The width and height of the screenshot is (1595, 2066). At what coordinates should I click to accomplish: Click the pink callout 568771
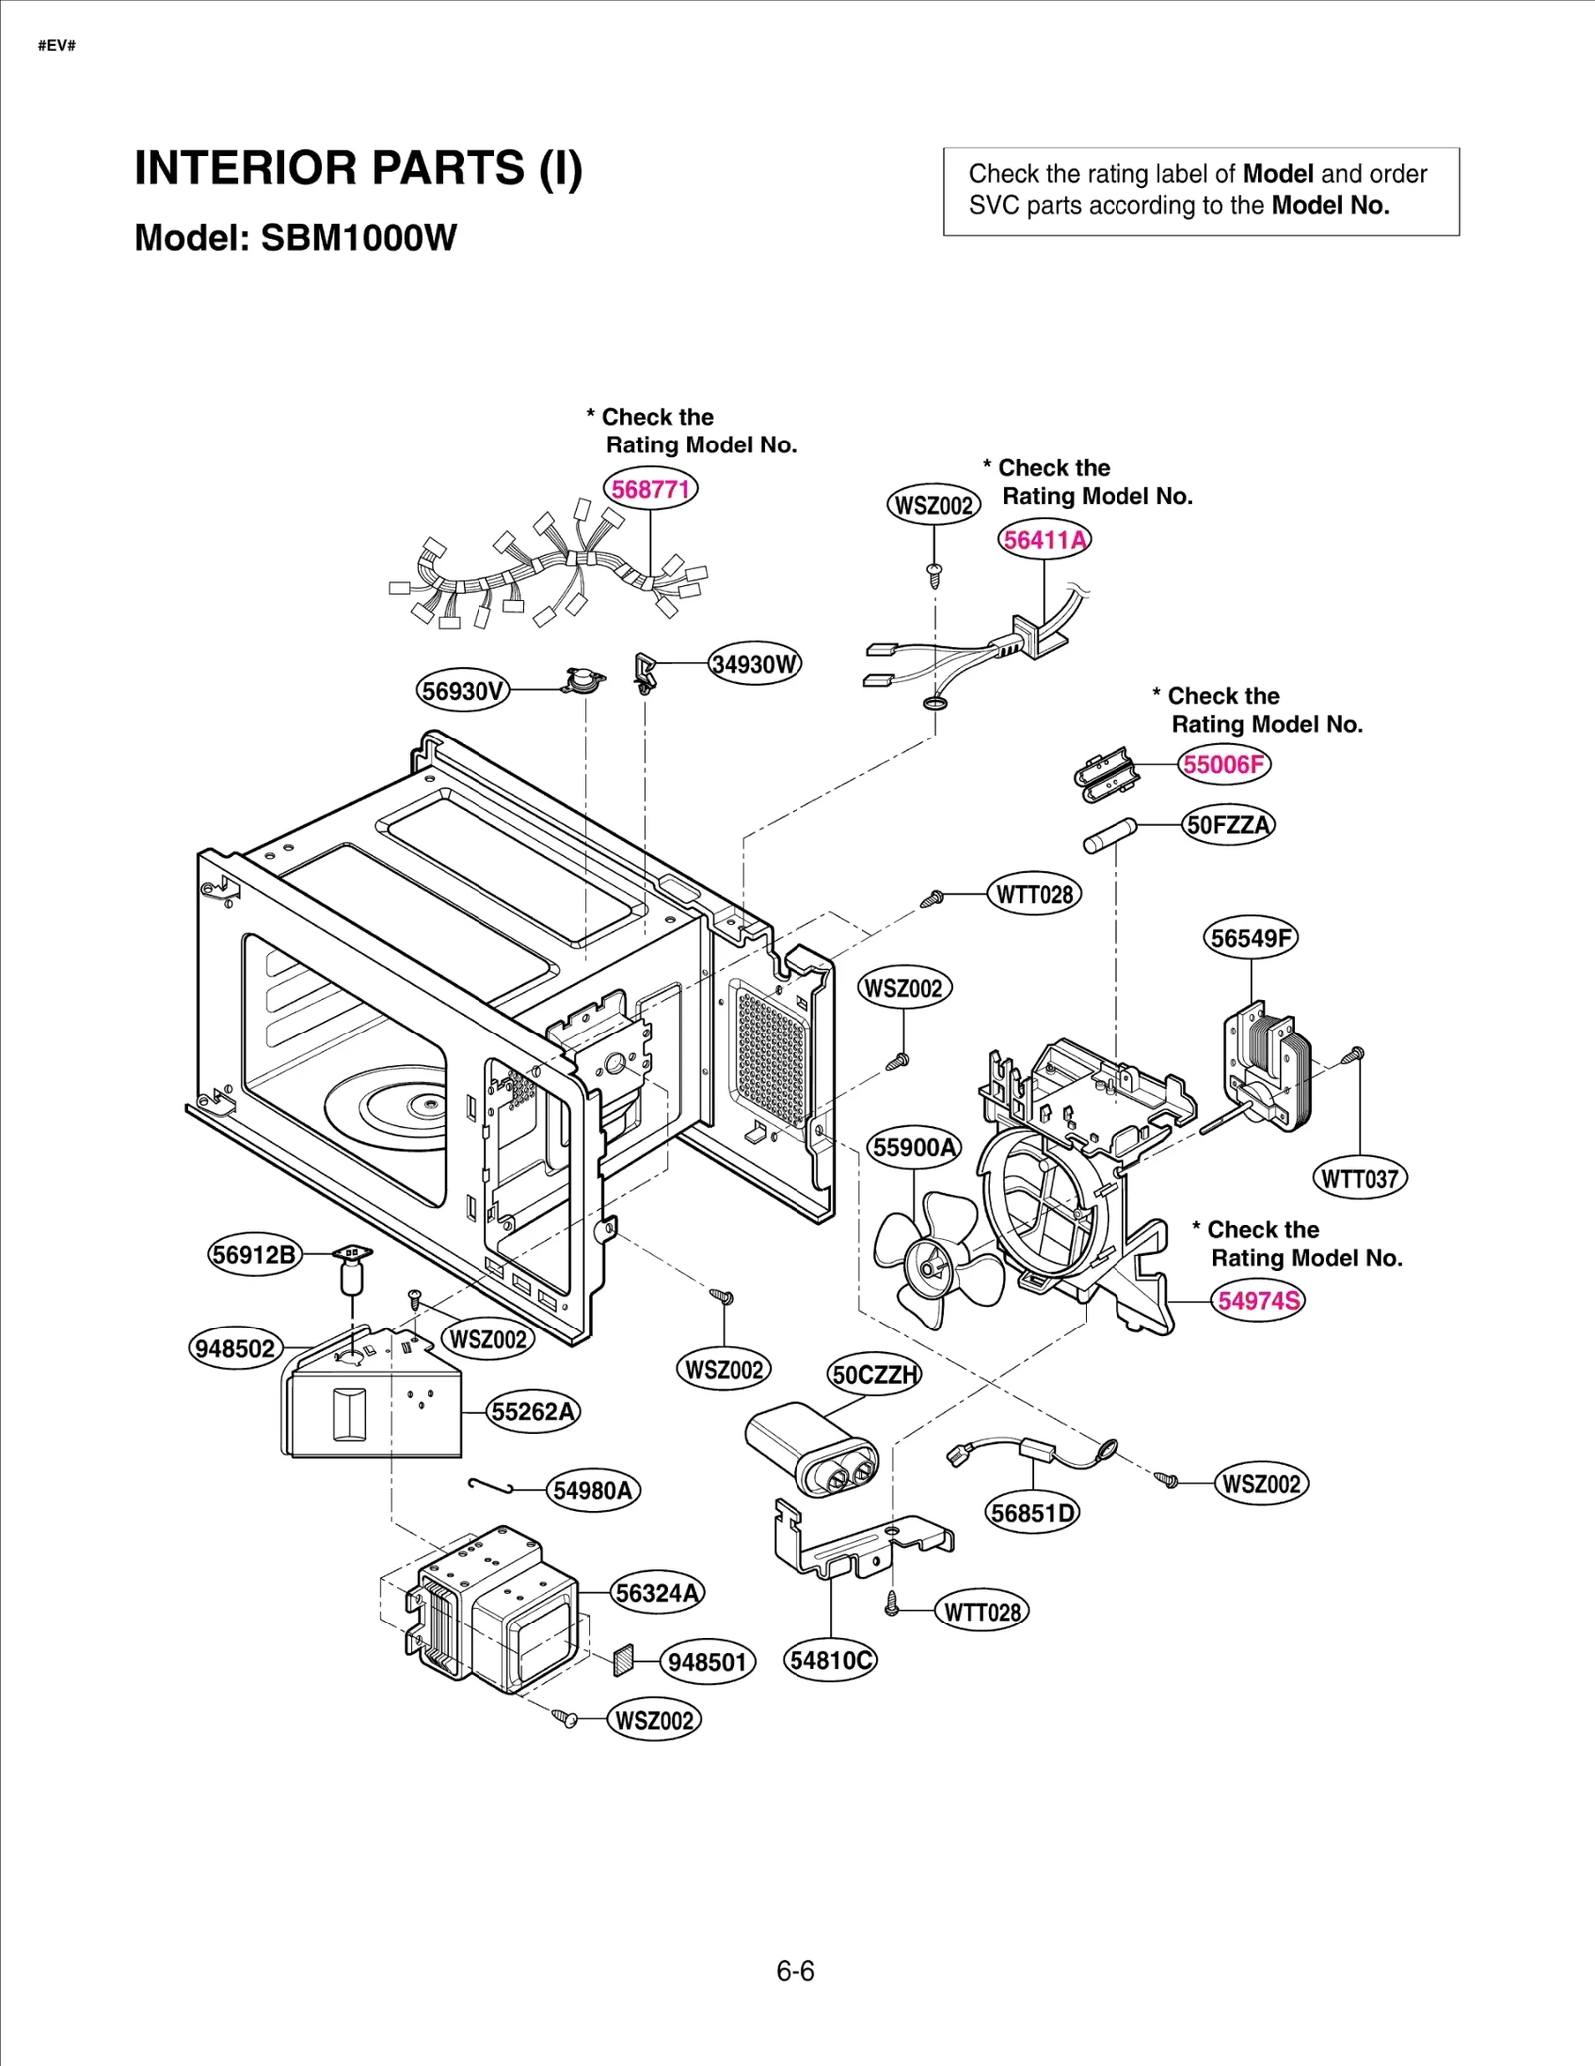pyautogui.click(x=650, y=489)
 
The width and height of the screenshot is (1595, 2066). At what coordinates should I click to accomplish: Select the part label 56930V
pyautogui.click(x=463, y=691)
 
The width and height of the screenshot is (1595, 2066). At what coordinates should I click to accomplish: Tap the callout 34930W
pyautogui.click(x=755, y=664)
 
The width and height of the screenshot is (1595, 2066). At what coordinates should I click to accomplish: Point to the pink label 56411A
pyautogui.click(x=1044, y=540)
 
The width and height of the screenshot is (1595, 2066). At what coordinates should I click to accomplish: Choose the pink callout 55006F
pyautogui.click(x=1224, y=764)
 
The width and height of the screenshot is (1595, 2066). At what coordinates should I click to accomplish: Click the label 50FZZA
pyautogui.click(x=1228, y=825)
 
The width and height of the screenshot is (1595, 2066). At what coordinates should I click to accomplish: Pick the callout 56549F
pyautogui.click(x=1251, y=938)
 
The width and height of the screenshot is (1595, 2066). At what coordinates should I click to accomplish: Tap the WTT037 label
pyautogui.click(x=1359, y=1179)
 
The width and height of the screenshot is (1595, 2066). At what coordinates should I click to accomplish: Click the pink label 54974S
pyautogui.click(x=1259, y=1300)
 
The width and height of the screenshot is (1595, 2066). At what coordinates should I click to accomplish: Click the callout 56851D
pyautogui.click(x=1034, y=1513)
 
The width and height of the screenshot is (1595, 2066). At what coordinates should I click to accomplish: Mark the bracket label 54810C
pyautogui.click(x=830, y=1660)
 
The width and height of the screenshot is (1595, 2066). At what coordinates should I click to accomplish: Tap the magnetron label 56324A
pyautogui.click(x=657, y=1593)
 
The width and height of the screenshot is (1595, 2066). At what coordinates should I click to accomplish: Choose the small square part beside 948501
pyautogui.click(x=624, y=1658)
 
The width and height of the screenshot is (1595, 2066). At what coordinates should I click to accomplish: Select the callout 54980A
pyautogui.click(x=593, y=1491)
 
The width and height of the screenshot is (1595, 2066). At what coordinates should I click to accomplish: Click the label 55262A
pyautogui.click(x=534, y=1412)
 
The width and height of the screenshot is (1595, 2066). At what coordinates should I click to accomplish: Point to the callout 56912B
pyautogui.click(x=255, y=1254)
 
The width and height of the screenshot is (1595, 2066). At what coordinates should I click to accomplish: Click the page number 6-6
pyautogui.click(x=796, y=1972)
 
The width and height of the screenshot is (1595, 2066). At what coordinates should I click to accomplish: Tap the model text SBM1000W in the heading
pyautogui.click(x=358, y=238)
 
